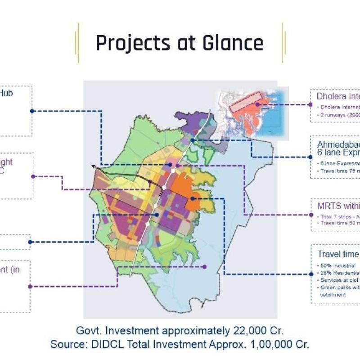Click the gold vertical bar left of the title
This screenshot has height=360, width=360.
point(78,43)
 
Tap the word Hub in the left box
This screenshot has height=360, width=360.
point(6,94)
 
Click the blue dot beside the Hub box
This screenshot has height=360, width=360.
point(32,111)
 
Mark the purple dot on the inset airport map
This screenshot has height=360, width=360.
point(257,104)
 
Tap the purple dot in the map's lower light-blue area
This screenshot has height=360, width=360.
point(204,266)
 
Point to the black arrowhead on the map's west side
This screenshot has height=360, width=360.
point(93,166)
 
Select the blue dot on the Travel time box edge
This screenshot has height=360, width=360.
point(311,274)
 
